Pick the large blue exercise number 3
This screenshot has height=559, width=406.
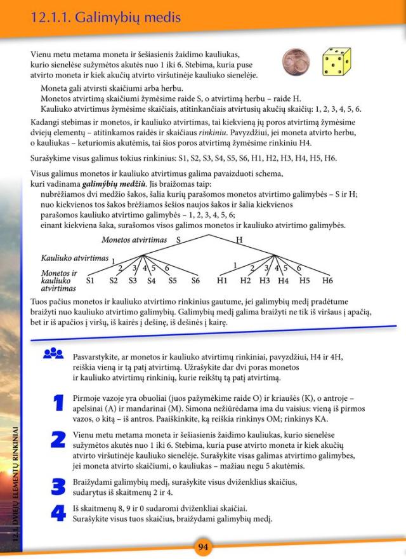[x=58, y=487]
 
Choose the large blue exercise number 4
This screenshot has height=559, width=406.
[x=58, y=513]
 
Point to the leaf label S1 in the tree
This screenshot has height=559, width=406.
[x=90, y=280]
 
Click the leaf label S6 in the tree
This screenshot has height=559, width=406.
[x=195, y=280]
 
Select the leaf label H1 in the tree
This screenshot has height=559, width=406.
[x=222, y=280]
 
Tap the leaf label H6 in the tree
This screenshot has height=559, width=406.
[x=327, y=280]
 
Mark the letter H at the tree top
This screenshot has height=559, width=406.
[x=239, y=239]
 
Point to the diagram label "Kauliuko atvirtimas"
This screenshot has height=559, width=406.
[x=74, y=258]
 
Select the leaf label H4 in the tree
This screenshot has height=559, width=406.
[x=283, y=280]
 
